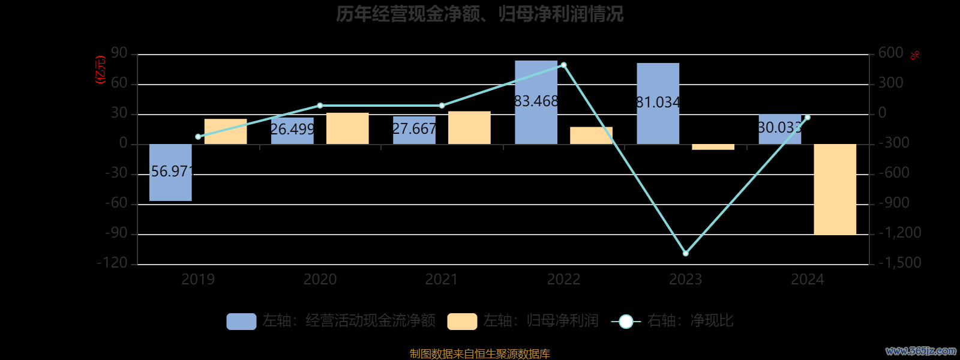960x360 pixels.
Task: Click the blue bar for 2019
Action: [x=170, y=172]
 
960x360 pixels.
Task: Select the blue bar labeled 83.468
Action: [x=536, y=102]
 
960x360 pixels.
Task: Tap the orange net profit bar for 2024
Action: [x=835, y=189]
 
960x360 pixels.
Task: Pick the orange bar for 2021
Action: [x=469, y=128]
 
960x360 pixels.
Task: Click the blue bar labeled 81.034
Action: [x=658, y=103]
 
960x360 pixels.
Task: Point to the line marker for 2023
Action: [x=686, y=253]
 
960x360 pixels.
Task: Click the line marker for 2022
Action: [x=563, y=65]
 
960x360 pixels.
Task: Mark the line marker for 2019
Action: [x=198, y=137]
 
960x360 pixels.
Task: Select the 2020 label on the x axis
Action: [x=320, y=279]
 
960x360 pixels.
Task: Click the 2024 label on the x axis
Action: [x=808, y=279]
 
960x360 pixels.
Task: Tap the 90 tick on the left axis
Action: [x=119, y=53]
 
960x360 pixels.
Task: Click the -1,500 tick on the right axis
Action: [x=899, y=263]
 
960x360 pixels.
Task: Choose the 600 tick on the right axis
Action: [x=890, y=53]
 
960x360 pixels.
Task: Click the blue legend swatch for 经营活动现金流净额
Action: [x=241, y=321]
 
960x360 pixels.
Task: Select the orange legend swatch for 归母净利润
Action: [x=462, y=321]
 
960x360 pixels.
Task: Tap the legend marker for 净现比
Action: [x=626, y=322]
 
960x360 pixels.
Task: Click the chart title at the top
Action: [x=480, y=14]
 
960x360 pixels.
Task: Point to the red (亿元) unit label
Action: [x=101, y=70]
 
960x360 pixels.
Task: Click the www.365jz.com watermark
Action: [x=921, y=351]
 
